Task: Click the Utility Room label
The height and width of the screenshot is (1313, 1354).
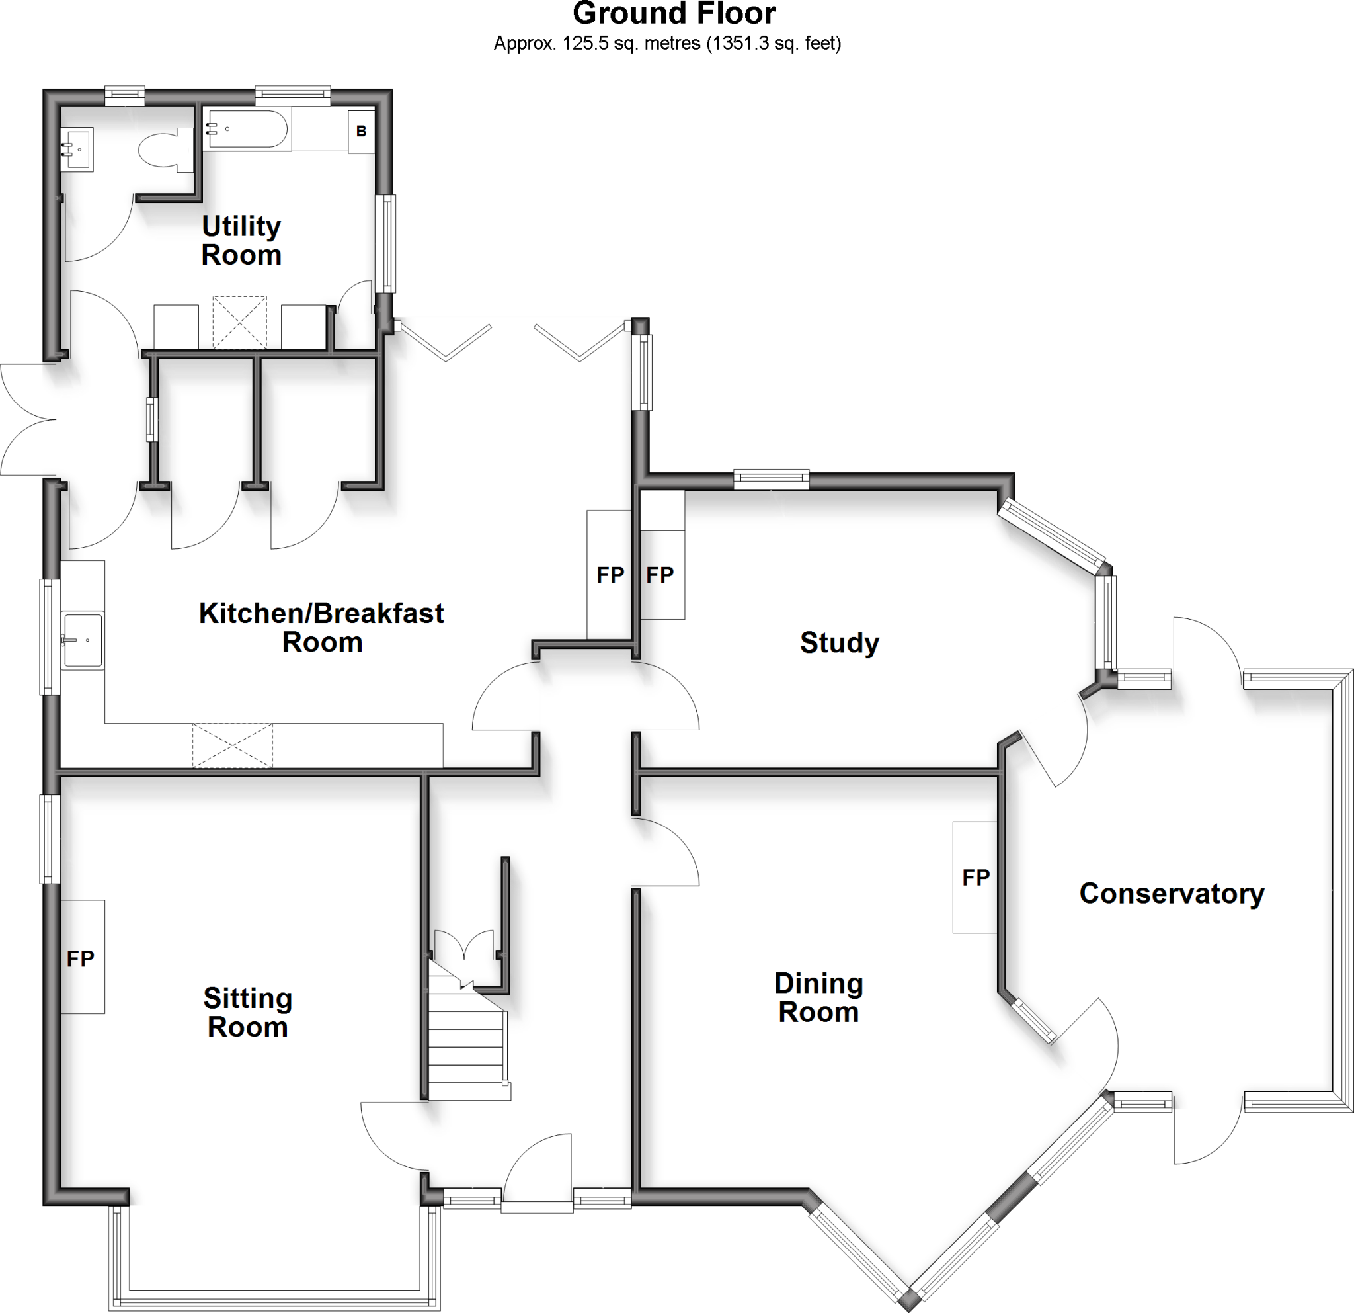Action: coord(241,241)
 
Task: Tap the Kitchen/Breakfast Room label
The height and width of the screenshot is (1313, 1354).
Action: coord(321,628)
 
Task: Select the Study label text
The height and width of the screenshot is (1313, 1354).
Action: coord(840,643)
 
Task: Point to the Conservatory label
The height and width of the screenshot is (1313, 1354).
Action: coord(1172,894)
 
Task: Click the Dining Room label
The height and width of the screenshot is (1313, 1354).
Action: coord(818,998)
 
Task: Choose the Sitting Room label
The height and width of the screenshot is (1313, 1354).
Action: coord(247,1013)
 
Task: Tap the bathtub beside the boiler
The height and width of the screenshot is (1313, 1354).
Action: coord(245,128)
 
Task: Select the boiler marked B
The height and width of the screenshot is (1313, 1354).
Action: coord(360,130)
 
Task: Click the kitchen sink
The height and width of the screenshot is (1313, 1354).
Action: coord(82,640)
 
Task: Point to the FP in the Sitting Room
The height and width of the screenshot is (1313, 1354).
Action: coord(80,958)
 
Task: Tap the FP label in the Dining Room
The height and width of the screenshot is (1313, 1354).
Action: coord(975,878)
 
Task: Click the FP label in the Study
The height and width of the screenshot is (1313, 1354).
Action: coord(660,575)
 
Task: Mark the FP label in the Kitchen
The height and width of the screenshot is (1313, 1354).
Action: coord(610,575)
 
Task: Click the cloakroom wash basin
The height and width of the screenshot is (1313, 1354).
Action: coord(77,149)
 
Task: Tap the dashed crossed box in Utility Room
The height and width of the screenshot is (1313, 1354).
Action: coord(239,323)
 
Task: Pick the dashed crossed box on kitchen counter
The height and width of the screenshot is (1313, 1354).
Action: coord(232,745)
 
